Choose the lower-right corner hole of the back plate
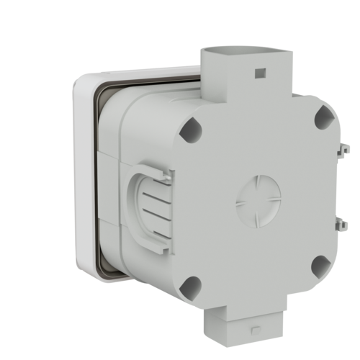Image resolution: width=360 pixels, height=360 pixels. (320, 266)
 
